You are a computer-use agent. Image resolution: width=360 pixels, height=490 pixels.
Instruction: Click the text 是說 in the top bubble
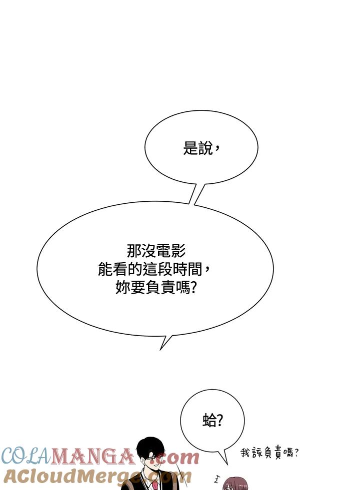197,148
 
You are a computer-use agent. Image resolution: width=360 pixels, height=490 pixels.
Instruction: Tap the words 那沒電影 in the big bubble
156,251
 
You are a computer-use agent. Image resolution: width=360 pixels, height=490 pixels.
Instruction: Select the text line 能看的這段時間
150,269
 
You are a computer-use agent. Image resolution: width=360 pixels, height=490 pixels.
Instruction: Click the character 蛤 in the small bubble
209,420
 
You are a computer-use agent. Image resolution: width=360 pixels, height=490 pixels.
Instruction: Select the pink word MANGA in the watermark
92,456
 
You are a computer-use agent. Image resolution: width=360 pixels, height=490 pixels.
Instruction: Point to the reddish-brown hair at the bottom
234,484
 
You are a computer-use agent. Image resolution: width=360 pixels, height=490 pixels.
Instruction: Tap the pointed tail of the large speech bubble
160,349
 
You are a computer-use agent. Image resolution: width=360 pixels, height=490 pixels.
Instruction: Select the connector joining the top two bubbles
197,194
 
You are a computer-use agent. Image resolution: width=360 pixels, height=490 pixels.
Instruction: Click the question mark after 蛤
219,421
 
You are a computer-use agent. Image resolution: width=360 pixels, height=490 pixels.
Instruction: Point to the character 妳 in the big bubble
122,287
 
